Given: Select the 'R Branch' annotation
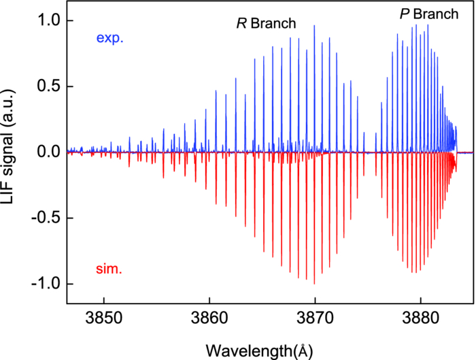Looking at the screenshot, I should (266, 24).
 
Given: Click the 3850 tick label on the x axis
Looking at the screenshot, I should (103, 318).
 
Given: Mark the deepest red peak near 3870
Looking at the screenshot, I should (314, 282).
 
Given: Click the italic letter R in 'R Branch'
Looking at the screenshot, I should (241, 24).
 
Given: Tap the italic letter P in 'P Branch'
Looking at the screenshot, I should (403, 14).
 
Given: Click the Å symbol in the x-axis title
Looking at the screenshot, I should (305, 349).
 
